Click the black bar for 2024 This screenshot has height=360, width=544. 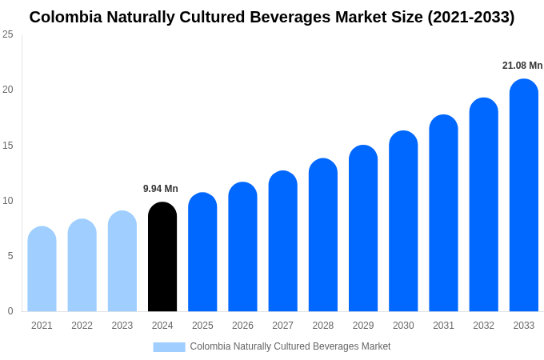pyautogui.click(x=162, y=257)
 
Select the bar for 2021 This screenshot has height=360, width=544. pyautogui.click(x=42, y=269)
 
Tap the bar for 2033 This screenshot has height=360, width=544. pyautogui.click(x=523, y=195)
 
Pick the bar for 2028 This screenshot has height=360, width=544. pyautogui.click(x=323, y=235)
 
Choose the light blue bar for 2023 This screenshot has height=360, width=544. pyautogui.click(x=122, y=261)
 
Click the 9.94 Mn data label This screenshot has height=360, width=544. pyautogui.click(x=161, y=189)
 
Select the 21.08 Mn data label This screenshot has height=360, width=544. pyautogui.click(x=522, y=66)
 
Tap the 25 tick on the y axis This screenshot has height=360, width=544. pyautogui.click(x=8, y=34)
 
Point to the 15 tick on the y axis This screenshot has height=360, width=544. pyautogui.click(x=8, y=146)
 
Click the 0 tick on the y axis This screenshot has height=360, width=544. pyautogui.click(x=10, y=311)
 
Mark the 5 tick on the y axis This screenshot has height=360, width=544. pyautogui.click(x=10, y=256)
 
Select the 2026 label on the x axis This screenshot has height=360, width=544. pyautogui.click(x=242, y=326)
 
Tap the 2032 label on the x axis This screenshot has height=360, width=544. pyautogui.click(x=483, y=326)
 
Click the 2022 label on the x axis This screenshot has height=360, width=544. pyautogui.click(x=82, y=326)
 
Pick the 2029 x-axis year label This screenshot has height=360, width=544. pyautogui.click(x=363, y=326)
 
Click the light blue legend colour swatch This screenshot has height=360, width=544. pyautogui.click(x=169, y=347)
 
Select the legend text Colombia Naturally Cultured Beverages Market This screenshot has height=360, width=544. pyautogui.click(x=290, y=346)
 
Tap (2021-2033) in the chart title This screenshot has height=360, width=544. pyautogui.click(x=470, y=17)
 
